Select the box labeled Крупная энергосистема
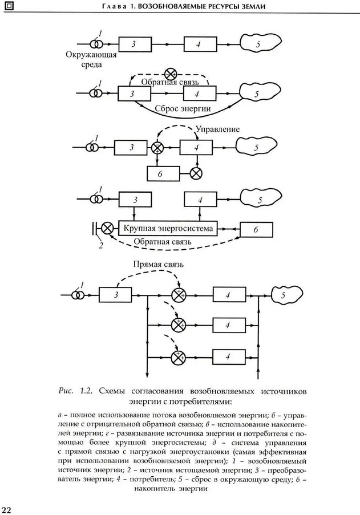pyautogui.click(x=168, y=229)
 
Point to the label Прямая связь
pyautogui.click(x=158, y=265)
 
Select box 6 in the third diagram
pyautogui.click(x=163, y=172)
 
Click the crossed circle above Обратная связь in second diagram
pyautogui.click(x=170, y=74)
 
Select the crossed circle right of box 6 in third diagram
pyautogui.click(x=197, y=172)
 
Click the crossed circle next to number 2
pyautogui.click(x=106, y=229)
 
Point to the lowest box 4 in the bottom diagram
pyautogui.click(x=228, y=356)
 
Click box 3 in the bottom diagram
pyautogui.click(x=116, y=295)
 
